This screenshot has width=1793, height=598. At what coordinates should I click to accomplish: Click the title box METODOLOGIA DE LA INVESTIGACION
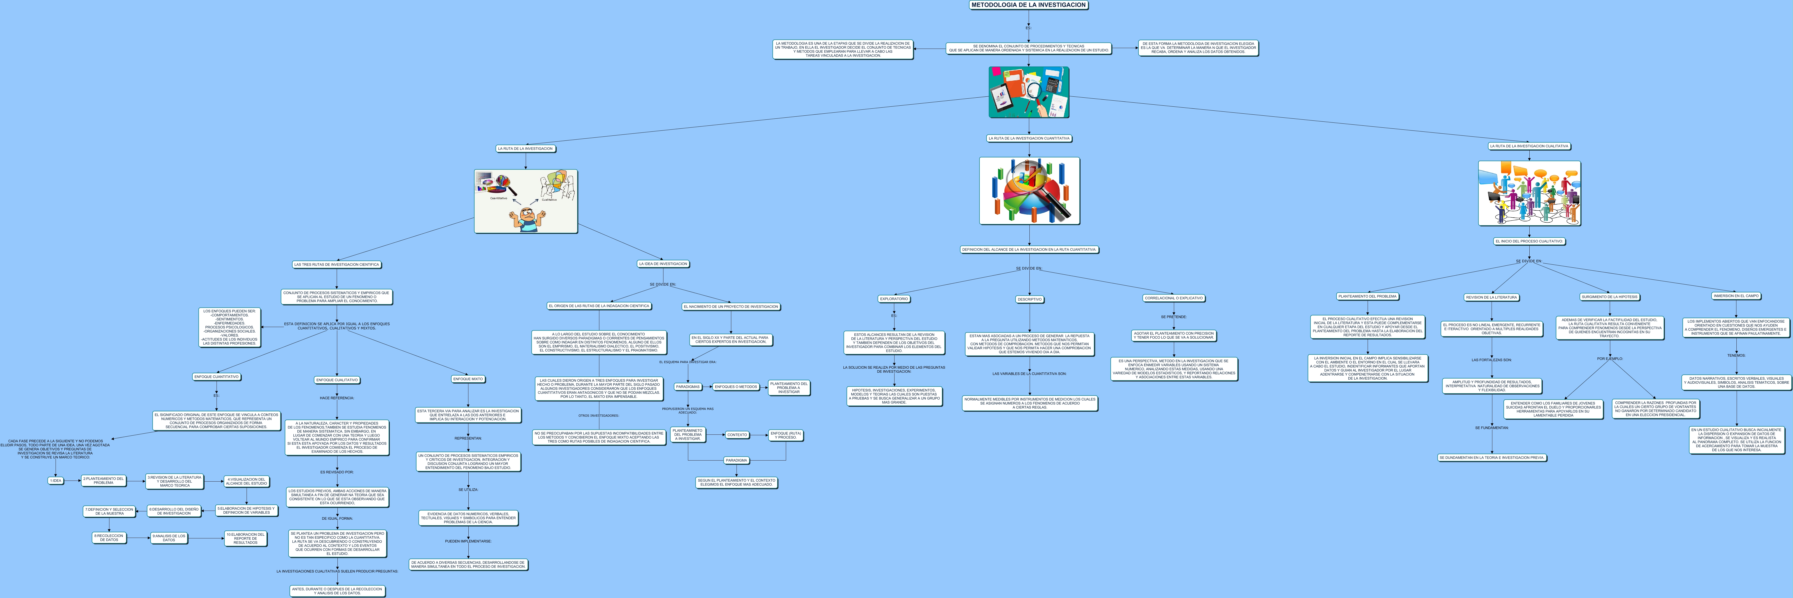1028,5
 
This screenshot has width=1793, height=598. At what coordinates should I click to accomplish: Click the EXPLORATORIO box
894,299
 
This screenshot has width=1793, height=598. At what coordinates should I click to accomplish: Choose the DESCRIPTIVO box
1029,299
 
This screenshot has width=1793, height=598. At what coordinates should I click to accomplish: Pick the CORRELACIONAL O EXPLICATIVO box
1174,298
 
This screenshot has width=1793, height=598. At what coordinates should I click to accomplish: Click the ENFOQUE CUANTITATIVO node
217,377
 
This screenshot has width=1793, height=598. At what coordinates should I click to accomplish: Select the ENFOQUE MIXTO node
468,379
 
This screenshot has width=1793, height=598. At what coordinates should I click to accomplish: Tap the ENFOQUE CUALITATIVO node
337,380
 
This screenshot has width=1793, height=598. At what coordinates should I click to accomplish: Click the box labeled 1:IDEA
56,480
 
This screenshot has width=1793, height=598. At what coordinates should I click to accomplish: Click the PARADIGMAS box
688,386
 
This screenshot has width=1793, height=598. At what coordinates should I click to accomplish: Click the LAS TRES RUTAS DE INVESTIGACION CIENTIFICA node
337,264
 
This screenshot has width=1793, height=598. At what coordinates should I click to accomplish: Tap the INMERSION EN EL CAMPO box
1736,296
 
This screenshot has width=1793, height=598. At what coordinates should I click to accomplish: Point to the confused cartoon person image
525,201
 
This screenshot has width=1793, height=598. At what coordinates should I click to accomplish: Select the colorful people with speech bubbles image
1529,194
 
